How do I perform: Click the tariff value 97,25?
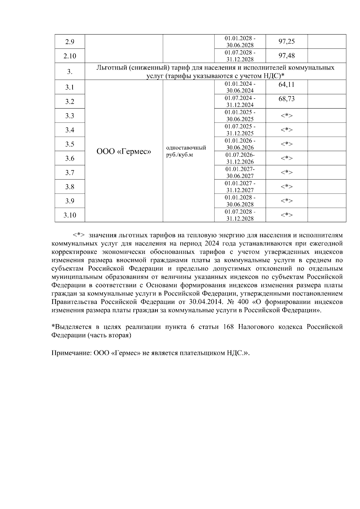[x=286, y=41]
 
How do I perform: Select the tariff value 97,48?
[x=286, y=55]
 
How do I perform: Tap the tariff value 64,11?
[x=286, y=85]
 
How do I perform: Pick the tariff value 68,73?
[x=286, y=99]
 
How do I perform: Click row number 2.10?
[x=70, y=56]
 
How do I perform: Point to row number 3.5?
[x=70, y=144]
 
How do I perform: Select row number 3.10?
[x=70, y=215]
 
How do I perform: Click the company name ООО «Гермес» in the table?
[x=124, y=152]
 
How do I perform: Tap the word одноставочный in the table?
[x=186, y=148]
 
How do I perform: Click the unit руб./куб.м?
[x=179, y=155]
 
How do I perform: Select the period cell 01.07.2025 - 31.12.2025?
[x=240, y=130]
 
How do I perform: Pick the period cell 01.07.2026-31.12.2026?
[x=240, y=158]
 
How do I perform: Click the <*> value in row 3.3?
[x=286, y=116]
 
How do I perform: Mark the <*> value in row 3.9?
[x=286, y=201]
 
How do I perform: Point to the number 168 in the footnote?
[x=229, y=327]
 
